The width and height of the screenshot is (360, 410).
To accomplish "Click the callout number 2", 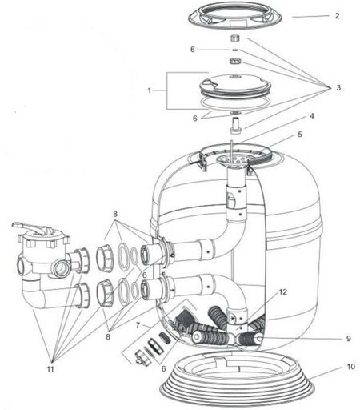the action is click(337, 16).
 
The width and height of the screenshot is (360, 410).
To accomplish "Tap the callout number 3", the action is click(338, 87).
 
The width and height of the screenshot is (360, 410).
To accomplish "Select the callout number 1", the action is click(150, 90).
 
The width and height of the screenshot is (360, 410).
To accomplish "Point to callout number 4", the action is click(311, 116).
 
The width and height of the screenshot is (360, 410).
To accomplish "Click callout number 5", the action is click(300, 135).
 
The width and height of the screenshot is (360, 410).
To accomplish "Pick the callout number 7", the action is click(138, 325).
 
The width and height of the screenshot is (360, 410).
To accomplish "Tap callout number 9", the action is click(349, 339).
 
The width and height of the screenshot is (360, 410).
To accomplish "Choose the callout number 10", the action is click(350, 367).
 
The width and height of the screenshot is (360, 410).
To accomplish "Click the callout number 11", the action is click(50, 369).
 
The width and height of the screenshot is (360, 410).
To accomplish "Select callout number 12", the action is click(283, 292).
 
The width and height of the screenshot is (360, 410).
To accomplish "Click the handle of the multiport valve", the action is click(30, 227).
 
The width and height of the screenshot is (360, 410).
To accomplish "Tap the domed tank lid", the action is click(235, 85).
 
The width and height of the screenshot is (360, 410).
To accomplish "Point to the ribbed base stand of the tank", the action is click(237, 380).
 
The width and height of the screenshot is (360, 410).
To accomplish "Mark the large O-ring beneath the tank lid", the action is click(234, 102).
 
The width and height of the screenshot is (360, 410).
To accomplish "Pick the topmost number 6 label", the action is click(193, 50).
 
